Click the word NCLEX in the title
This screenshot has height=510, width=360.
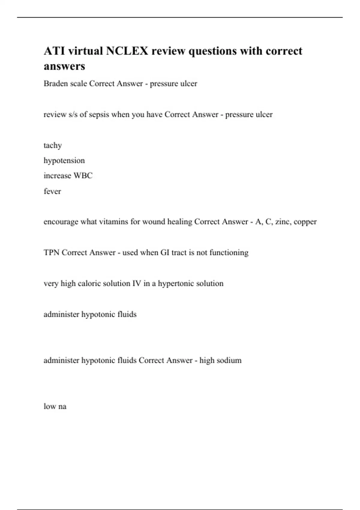click(x=127, y=51)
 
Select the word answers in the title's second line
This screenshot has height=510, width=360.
click(x=64, y=66)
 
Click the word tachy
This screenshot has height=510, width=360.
click(x=52, y=145)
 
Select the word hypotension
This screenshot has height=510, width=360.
click(x=64, y=160)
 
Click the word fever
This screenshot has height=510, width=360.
click(x=52, y=191)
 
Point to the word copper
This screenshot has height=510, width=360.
click(x=305, y=222)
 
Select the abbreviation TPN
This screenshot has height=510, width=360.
click(x=51, y=253)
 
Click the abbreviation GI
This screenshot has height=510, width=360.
click(x=165, y=253)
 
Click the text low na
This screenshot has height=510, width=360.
click(x=55, y=406)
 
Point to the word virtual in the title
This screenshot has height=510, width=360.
click(x=85, y=51)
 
